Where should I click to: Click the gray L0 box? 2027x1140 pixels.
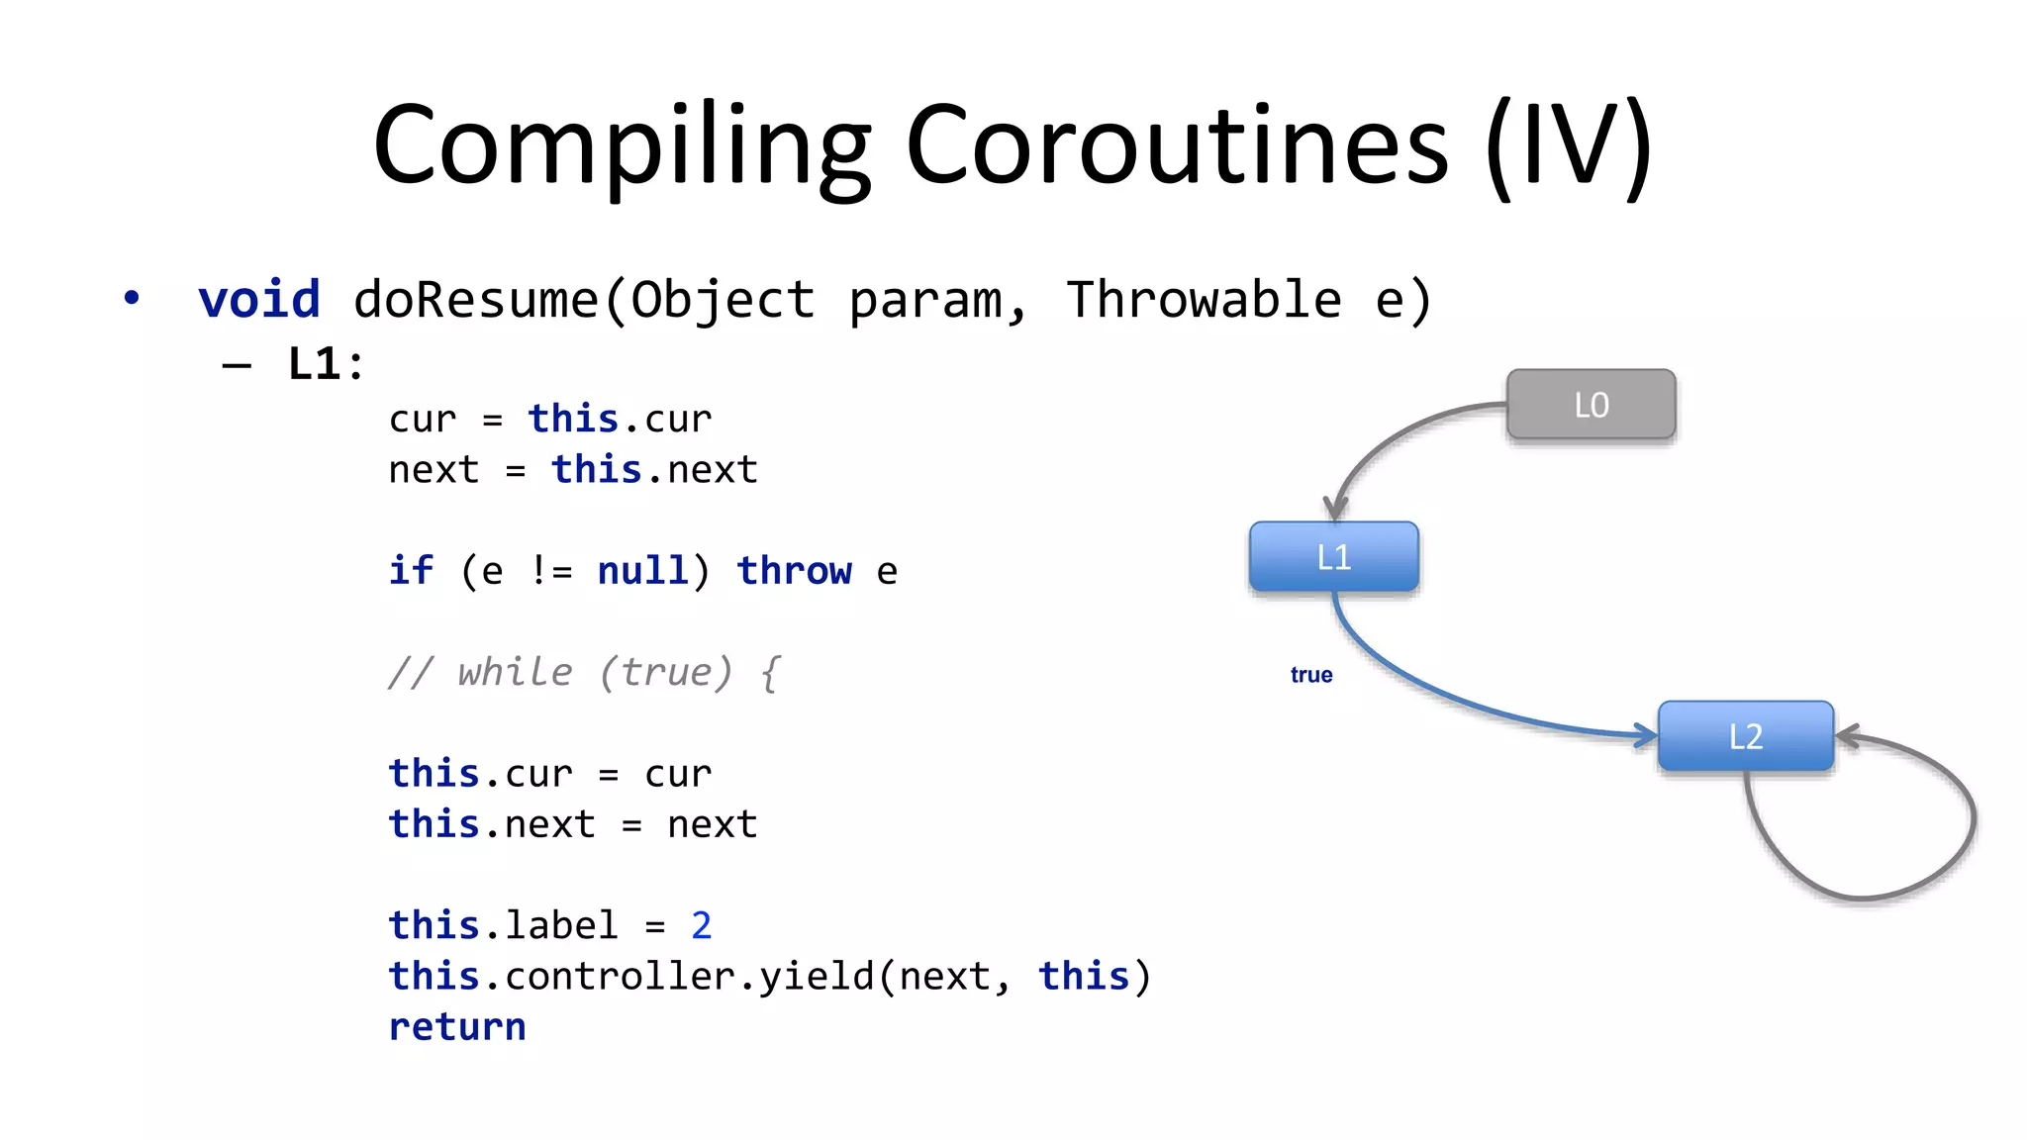(x=1591, y=405)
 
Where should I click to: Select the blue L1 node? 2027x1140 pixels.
(x=1333, y=557)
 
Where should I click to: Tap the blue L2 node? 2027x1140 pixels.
(x=1745, y=736)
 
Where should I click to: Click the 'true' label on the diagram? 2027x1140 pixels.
(x=1310, y=675)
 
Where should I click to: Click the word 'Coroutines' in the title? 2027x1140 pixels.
(x=1177, y=145)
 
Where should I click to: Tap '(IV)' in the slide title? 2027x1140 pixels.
(x=1568, y=145)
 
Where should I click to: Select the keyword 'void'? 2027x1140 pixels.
(x=259, y=299)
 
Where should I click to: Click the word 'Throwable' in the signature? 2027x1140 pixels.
(x=1204, y=299)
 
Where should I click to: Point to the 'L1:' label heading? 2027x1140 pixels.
(x=326, y=363)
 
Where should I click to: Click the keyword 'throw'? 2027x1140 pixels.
(x=794, y=571)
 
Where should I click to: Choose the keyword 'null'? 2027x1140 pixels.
(x=642, y=571)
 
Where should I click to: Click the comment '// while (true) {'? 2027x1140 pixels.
(x=584, y=673)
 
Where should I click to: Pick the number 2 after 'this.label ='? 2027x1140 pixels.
(x=701, y=926)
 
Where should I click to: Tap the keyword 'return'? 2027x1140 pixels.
(x=456, y=1027)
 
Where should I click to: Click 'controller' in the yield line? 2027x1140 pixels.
(x=620, y=977)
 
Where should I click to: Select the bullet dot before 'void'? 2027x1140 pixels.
(x=132, y=298)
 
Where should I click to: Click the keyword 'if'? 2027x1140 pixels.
(x=410, y=571)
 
